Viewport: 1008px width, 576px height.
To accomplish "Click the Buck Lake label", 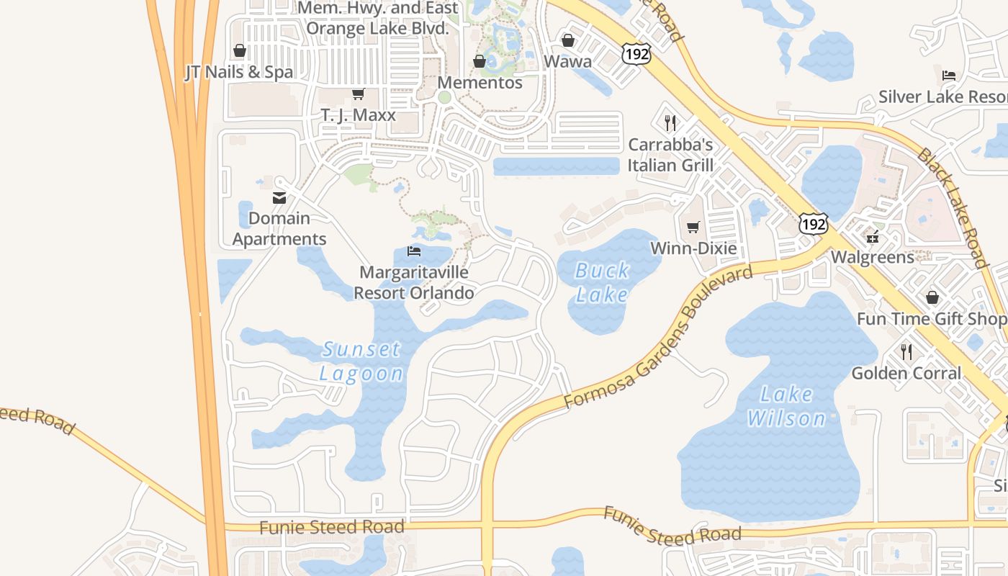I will [603, 282].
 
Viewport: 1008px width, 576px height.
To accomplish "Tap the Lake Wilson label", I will [786, 406].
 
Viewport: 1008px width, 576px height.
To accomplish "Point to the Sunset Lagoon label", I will [361, 361].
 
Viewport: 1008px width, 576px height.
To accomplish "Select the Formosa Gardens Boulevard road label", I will [658, 337].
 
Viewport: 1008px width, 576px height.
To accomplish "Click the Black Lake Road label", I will [951, 210].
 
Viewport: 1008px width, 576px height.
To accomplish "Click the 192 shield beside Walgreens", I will [813, 224].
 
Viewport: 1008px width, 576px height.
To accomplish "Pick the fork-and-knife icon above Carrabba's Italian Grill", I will [670, 123].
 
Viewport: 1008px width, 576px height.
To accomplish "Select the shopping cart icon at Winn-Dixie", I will [693, 228].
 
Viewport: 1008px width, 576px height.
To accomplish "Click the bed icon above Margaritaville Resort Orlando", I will [414, 251].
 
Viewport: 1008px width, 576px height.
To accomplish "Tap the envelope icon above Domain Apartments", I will [279, 198].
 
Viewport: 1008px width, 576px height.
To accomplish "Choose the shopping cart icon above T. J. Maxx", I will [358, 94].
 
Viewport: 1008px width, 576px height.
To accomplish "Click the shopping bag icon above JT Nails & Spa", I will [240, 50].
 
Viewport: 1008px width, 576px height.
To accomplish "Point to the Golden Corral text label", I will [906, 373].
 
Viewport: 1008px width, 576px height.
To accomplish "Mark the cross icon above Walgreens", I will [873, 236].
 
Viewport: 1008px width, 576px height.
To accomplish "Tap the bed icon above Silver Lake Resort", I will [949, 76].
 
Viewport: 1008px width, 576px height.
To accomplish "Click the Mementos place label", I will [480, 83].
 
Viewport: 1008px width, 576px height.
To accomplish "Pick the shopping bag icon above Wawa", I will [567, 40].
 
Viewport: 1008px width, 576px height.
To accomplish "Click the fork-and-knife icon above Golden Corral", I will [906, 352].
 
